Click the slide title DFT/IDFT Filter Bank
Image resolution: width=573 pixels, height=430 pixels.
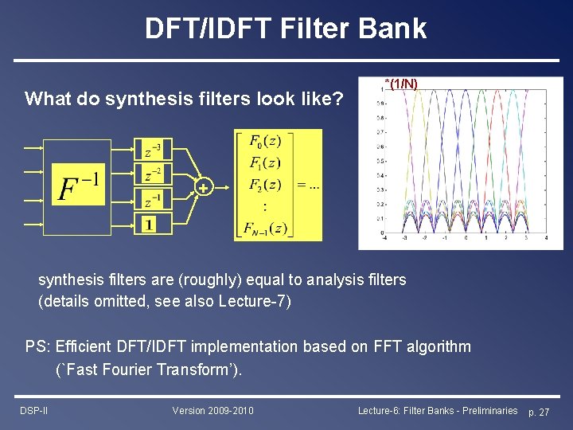pyautogui.click(x=286, y=29)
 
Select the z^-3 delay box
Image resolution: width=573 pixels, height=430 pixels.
pyautogui.click(x=152, y=149)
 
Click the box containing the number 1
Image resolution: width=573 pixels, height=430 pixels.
pyautogui.click(x=149, y=224)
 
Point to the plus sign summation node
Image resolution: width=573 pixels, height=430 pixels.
pyautogui.click(x=205, y=188)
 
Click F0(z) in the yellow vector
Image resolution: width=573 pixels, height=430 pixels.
pyautogui.click(x=265, y=142)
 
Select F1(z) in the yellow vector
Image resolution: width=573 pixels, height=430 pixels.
pyautogui.click(x=265, y=163)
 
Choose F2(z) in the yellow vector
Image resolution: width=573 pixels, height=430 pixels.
pyautogui.click(x=265, y=185)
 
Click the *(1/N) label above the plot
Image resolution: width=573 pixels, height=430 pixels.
pyautogui.click(x=401, y=83)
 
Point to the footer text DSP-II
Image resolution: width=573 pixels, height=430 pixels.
pyautogui.click(x=34, y=410)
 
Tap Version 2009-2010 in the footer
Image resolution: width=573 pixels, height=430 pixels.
pyautogui.click(x=212, y=410)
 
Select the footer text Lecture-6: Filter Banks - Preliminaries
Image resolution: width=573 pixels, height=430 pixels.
pyautogui.click(x=438, y=410)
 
